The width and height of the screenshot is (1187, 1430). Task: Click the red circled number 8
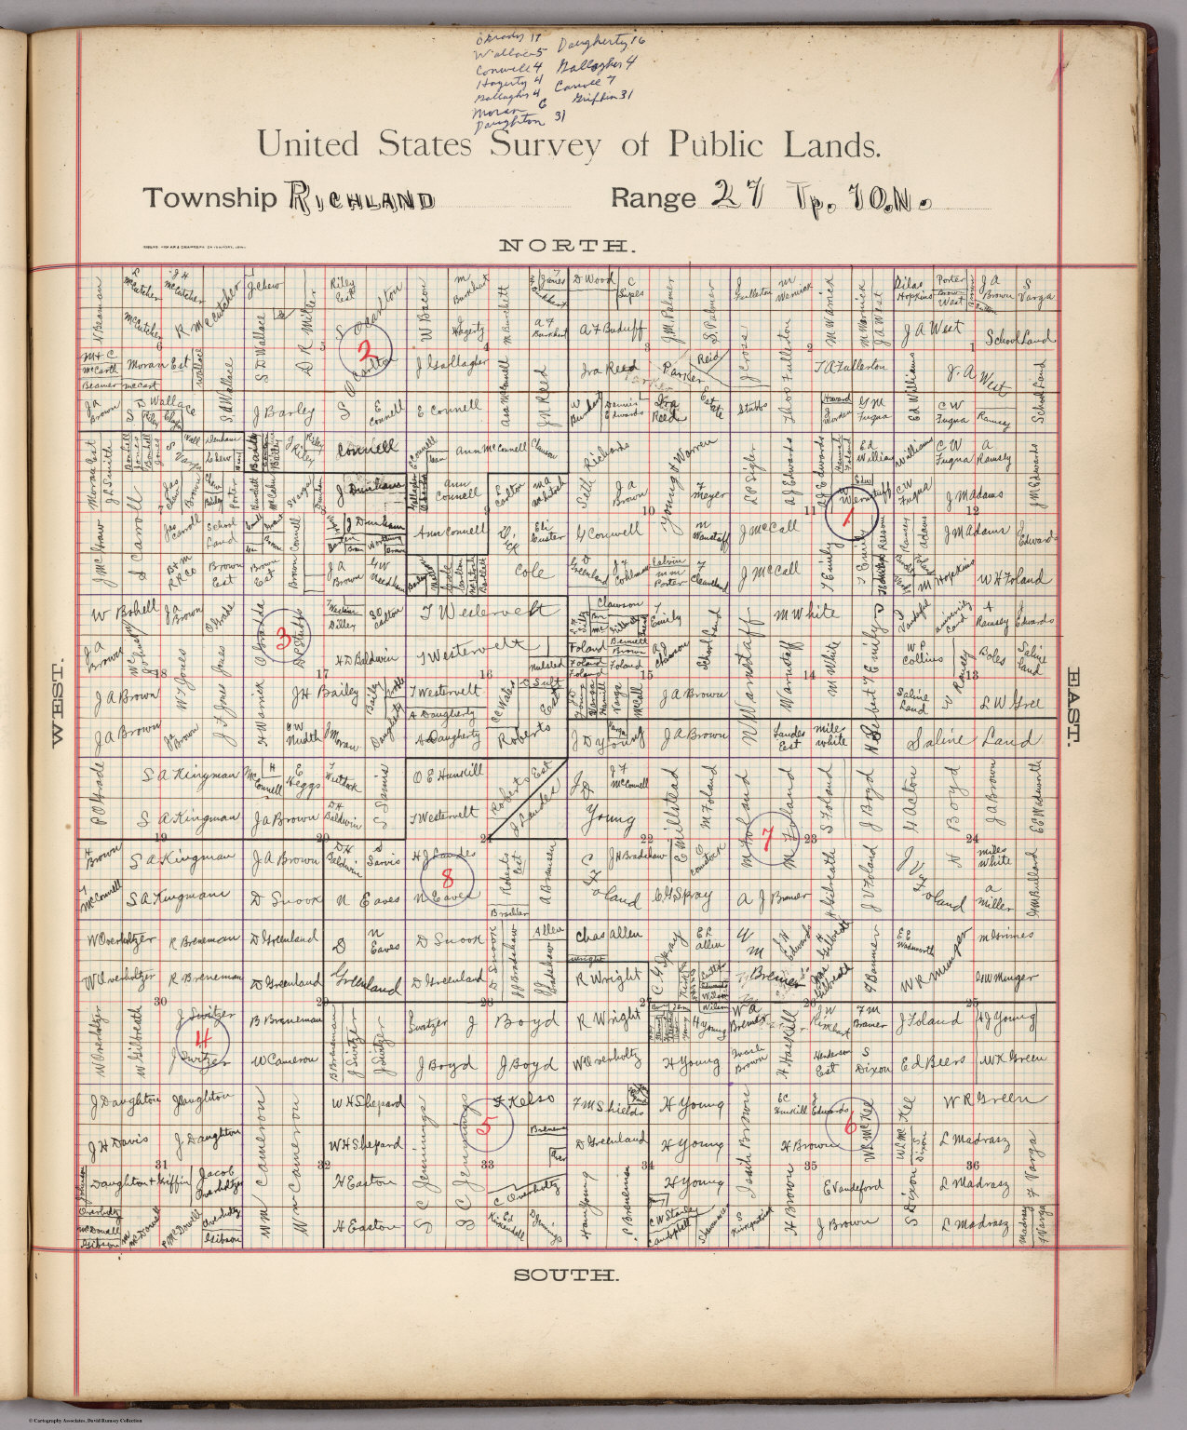point(448,877)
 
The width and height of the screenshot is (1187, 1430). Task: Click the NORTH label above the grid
point(568,246)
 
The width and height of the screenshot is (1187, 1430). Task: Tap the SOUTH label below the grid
point(566,1275)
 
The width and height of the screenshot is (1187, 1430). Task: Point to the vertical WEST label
point(56,704)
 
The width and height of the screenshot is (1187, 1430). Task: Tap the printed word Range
point(654,198)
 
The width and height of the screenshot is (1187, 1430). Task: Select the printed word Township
point(209,198)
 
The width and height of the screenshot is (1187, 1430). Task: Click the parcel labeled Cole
point(529,570)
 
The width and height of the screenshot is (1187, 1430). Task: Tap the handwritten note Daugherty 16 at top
point(600,43)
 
